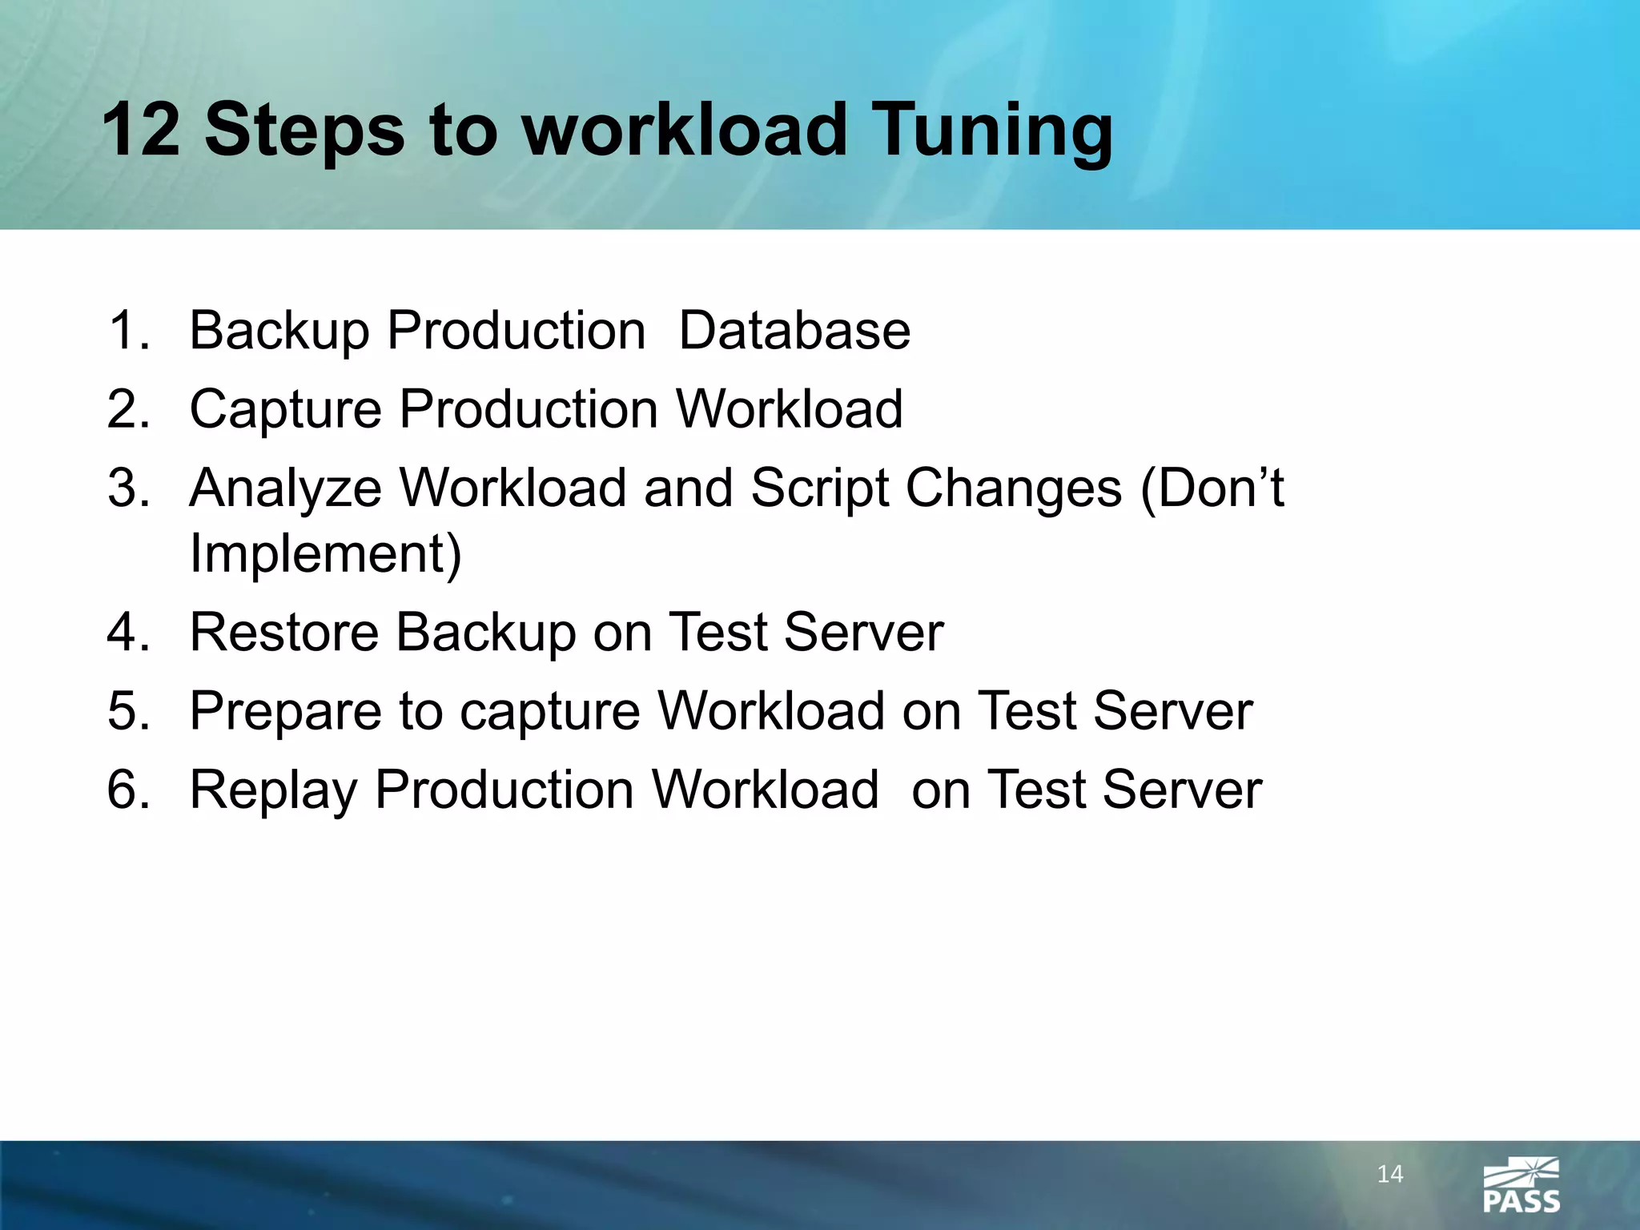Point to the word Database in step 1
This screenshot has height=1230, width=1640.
tap(794, 331)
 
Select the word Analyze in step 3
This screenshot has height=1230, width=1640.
tap(285, 489)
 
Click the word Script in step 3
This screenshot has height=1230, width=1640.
tap(819, 489)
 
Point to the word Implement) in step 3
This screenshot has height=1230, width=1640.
tap(325, 553)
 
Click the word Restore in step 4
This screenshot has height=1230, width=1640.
tap(283, 632)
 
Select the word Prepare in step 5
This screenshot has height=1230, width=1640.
tap(285, 712)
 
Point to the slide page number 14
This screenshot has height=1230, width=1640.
tap(1390, 1175)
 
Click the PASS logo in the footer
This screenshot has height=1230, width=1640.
tap(1521, 1186)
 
